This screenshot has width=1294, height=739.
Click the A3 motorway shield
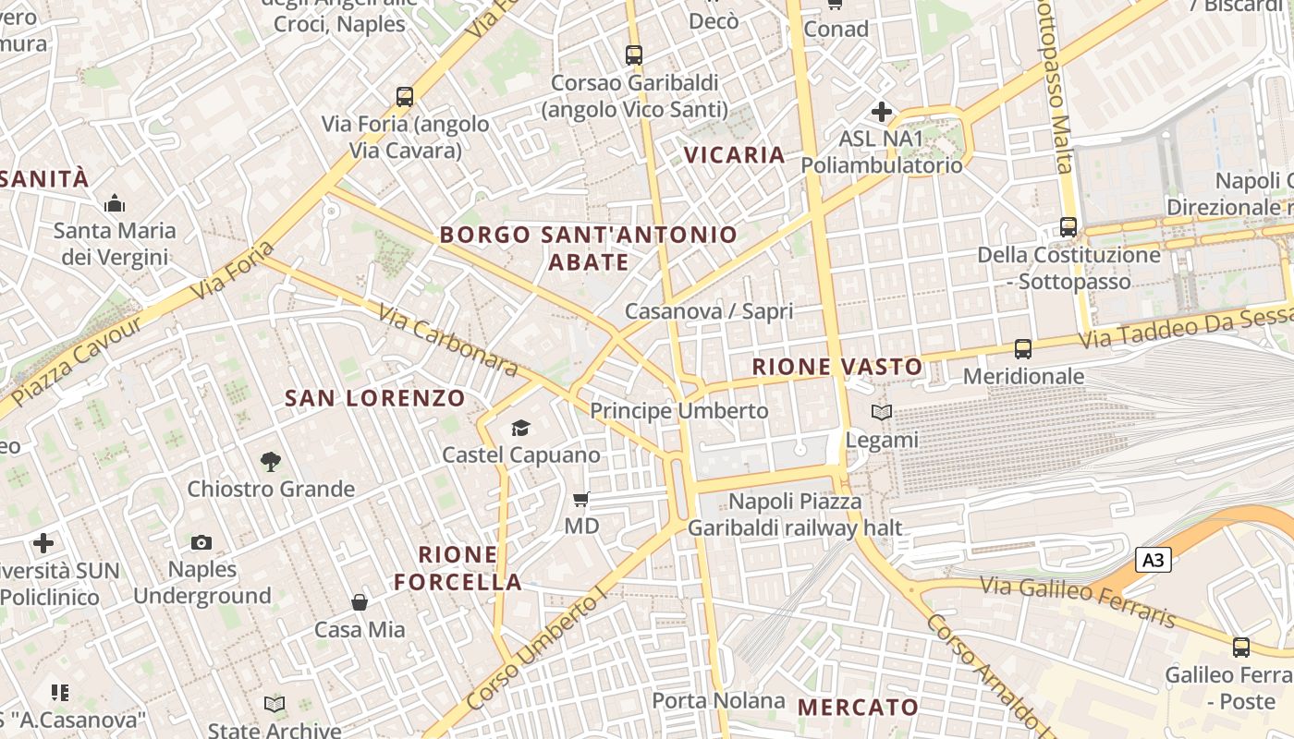coord(1153,560)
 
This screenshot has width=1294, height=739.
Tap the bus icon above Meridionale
coord(1023,349)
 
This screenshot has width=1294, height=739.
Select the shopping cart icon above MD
coord(581,500)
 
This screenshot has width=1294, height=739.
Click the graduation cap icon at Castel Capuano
coord(521,428)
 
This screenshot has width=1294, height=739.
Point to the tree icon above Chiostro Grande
coord(271,461)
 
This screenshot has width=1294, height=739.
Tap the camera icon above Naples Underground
coord(201,542)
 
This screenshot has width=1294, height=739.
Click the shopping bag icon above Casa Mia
coord(360,602)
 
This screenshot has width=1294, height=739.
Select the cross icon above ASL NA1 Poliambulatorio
coord(882,113)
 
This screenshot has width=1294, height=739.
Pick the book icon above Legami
coord(883,412)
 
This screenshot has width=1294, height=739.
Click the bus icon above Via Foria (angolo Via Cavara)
coord(404,96)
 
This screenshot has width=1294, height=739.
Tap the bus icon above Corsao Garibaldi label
coord(634,55)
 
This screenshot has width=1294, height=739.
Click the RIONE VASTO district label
coord(837,367)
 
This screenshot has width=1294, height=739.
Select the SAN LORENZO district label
coord(375,398)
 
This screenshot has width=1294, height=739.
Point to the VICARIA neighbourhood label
coord(735,154)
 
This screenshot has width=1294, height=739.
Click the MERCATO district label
coord(859,708)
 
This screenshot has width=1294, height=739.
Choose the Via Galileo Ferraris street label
coord(1078,601)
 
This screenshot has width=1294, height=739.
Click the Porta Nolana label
coord(719,700)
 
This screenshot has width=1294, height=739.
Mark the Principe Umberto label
coord(679,410)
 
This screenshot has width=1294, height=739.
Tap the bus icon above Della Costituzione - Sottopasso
coord(1068,226)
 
